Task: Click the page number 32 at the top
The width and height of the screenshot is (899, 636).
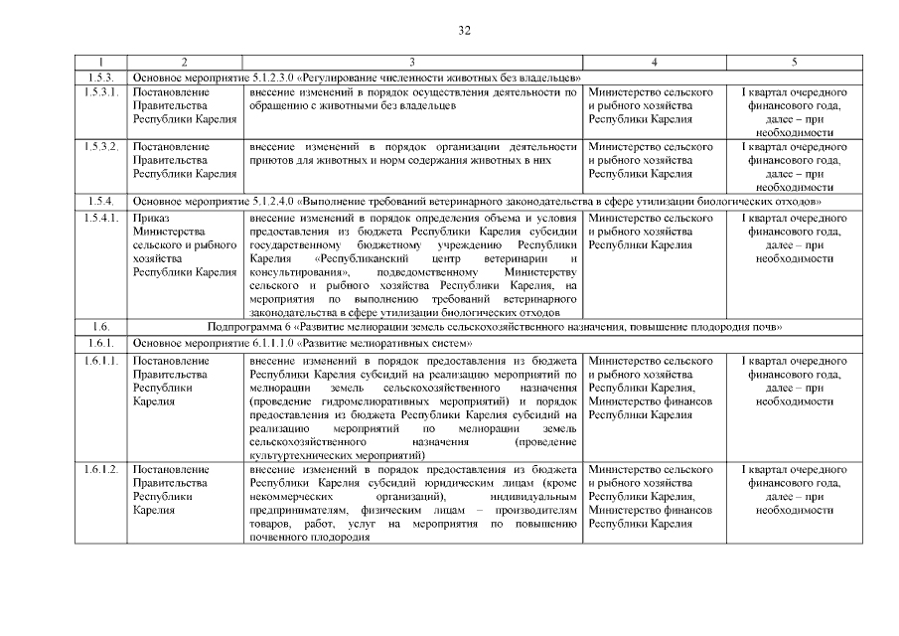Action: (464, 31)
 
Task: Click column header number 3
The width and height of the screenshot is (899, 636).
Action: (412, 63)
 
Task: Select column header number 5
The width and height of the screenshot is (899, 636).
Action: (794, 63)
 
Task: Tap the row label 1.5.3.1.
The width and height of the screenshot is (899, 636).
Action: (100, 91)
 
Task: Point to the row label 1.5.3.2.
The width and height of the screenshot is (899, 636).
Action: (100, 146)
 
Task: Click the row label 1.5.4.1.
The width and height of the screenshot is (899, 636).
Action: (100, 217)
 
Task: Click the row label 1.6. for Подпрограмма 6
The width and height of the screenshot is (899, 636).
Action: (100, 326)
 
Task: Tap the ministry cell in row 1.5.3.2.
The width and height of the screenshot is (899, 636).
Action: (652, 160)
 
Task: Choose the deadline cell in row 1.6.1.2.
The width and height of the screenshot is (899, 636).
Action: (794, 489)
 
